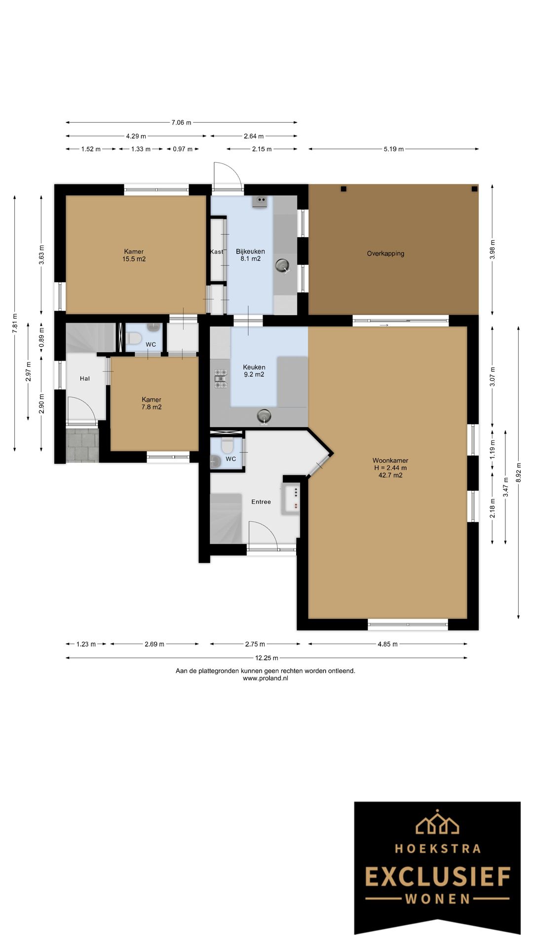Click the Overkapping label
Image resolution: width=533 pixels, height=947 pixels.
tap(385, 254)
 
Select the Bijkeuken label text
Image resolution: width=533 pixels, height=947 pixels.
tap(250, 252)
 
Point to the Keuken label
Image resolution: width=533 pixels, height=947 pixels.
tap(254, 367)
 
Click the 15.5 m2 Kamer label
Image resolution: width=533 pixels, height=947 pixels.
tap(134, 255)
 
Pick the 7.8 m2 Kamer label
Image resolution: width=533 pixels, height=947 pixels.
tap(152, 403)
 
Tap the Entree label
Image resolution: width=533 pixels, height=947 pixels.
tap(261, 502)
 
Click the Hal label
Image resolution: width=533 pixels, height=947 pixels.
tap(85, 378)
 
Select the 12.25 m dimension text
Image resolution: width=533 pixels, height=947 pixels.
tap(266, 657)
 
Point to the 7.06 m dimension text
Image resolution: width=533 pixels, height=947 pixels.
tap(181, 122)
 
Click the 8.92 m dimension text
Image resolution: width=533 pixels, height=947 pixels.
tap(518, 472)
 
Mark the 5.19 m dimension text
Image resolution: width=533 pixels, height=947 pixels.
tap(394, 149)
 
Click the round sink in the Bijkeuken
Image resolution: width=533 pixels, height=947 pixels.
tap(283, 265)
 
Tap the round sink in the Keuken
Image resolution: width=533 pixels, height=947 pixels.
tap(265, 416)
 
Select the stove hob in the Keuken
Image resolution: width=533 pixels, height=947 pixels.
tap(221, 378)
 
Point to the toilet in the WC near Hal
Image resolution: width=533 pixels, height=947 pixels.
tap(134, 338)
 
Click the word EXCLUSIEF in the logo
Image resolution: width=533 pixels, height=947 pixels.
tap(438, 876)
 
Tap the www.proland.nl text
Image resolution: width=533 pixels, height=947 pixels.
tap(266, 678)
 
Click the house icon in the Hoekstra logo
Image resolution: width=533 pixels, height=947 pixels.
tap(437, 822)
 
